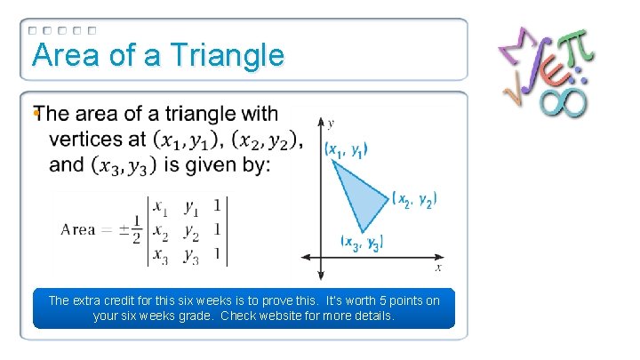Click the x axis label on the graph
438,267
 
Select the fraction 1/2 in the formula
137,230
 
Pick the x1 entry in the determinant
161,208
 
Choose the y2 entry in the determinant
190,232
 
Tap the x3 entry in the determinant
161,256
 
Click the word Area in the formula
78,230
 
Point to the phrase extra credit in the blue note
106,300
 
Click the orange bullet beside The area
36,113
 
